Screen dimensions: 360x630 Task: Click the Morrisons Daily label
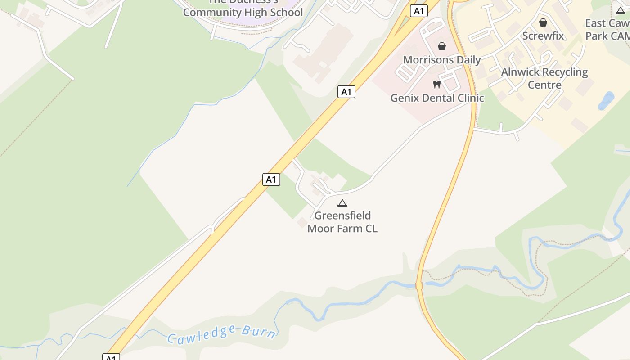(x=441, y=60)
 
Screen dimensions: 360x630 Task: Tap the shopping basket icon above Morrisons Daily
(x=441, y=46)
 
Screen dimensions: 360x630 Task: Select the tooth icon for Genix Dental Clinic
(x=436, y=84)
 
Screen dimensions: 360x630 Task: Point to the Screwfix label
(x=543, y=36)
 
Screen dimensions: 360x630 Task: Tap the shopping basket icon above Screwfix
(x=543, y=22)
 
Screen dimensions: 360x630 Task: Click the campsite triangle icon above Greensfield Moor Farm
(x=342, y=203)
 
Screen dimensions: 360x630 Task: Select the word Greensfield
(x=342, y=216)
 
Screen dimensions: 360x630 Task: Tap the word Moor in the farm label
(x=321, y=229)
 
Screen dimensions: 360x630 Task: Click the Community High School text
(x=243, y=13)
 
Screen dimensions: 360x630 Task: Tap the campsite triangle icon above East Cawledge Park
(x=621, y=10)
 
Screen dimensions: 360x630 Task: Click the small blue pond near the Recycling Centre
(x=606, y=101)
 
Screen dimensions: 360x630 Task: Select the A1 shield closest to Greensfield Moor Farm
(x=271, y=180)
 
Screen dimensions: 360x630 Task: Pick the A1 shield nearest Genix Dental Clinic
(x=346, y=92)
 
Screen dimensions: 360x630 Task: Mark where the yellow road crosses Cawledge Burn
(x=419, y=285)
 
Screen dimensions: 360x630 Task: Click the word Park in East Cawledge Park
(x=597, y=36)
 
